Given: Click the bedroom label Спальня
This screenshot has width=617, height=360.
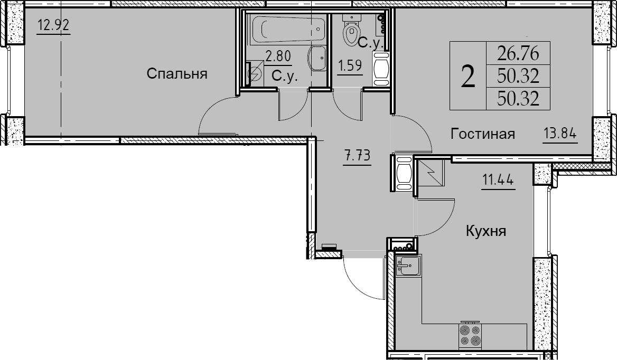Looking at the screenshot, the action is click(177, 73).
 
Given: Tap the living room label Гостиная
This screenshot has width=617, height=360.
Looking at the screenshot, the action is click(483, 134).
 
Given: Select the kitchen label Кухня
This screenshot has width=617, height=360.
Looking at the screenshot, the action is click(486, 231).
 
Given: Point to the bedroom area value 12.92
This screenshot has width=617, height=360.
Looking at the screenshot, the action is click(53, 25).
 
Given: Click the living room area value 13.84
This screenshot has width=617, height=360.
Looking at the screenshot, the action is click(560, 134).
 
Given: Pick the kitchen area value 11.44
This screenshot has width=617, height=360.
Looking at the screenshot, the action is click(498, 180).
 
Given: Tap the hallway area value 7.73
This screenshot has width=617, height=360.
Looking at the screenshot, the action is click(357, 156).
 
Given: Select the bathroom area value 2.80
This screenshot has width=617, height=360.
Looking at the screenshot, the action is click(278, 56).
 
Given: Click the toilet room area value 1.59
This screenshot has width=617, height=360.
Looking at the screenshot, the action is click(350, 65).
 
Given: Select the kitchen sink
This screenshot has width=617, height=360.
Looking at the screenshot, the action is click(408, 266).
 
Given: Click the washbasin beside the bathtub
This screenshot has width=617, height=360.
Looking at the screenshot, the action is click(319, 58).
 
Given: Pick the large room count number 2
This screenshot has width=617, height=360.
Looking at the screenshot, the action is click(468, 76).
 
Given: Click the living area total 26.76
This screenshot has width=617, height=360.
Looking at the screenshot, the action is click(518, 53).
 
